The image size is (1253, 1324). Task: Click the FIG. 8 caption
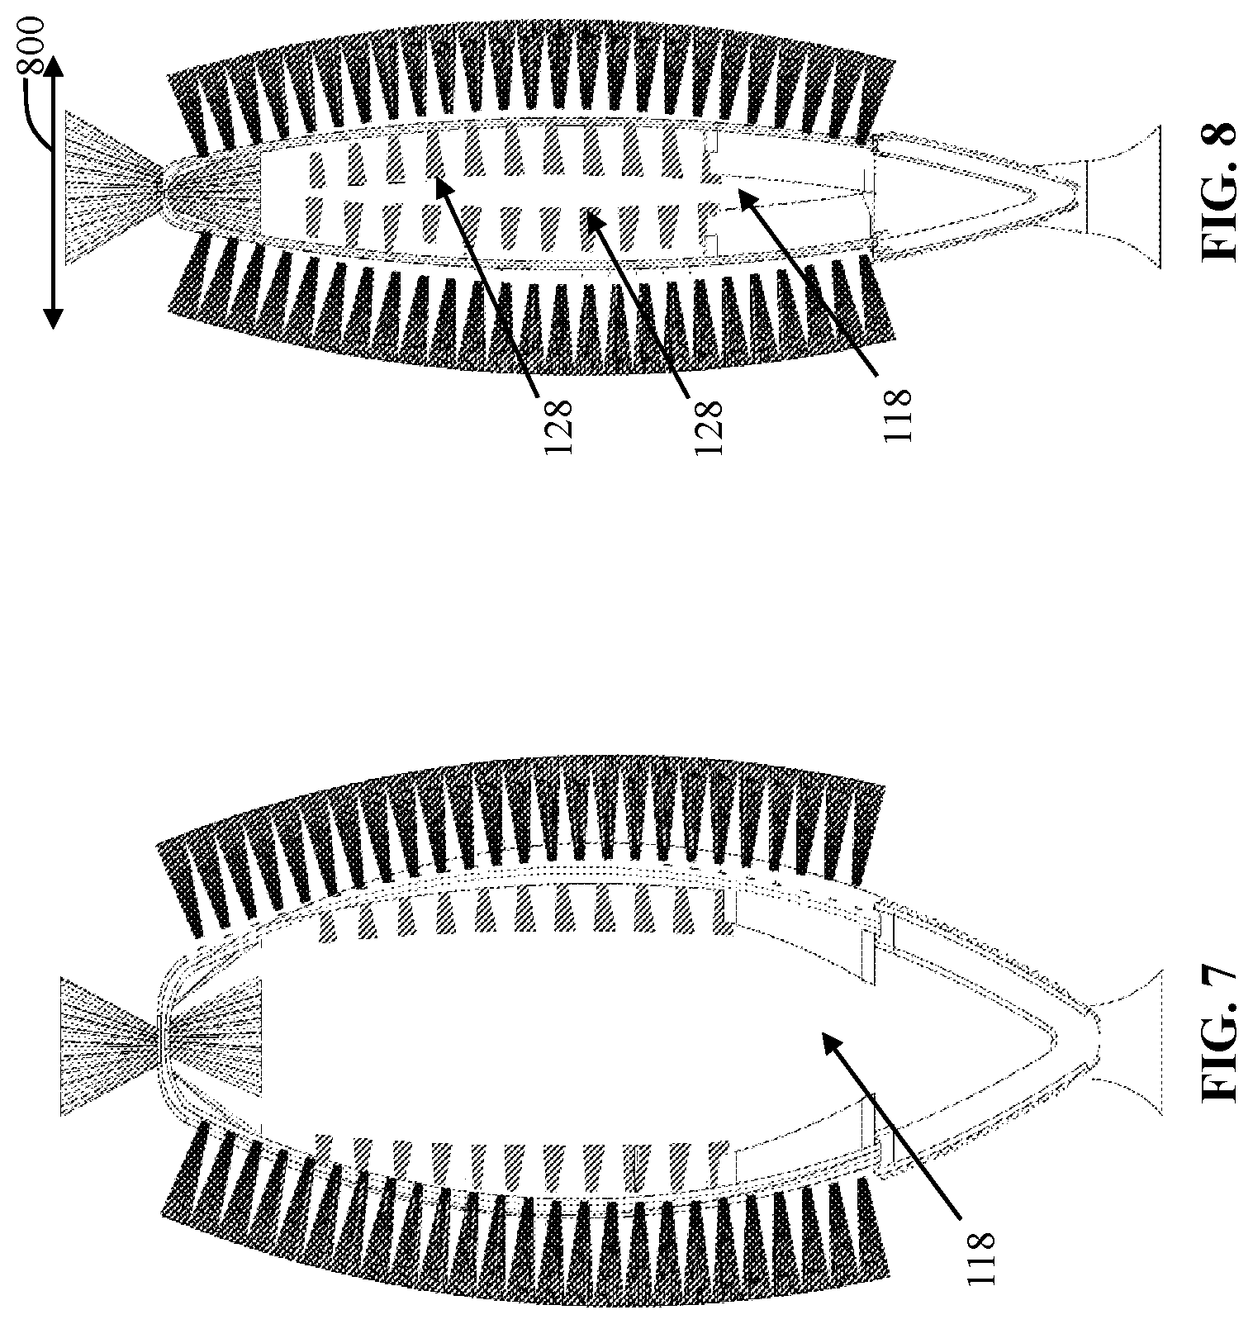(x=1222, y=192)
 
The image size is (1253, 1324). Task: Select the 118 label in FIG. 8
(x=897, y=417)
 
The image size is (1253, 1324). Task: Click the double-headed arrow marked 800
(x=52, y=191)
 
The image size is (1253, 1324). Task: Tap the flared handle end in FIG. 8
(x=1119, y=196)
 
